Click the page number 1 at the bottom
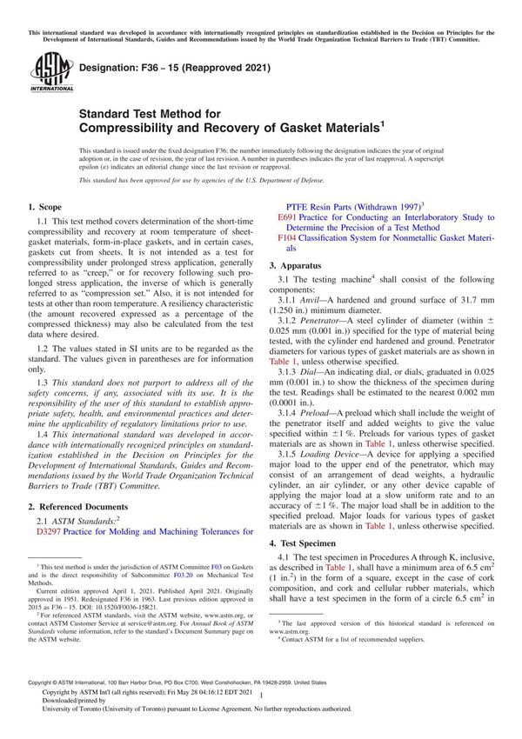pyautogui.click(x=262, y=715)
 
